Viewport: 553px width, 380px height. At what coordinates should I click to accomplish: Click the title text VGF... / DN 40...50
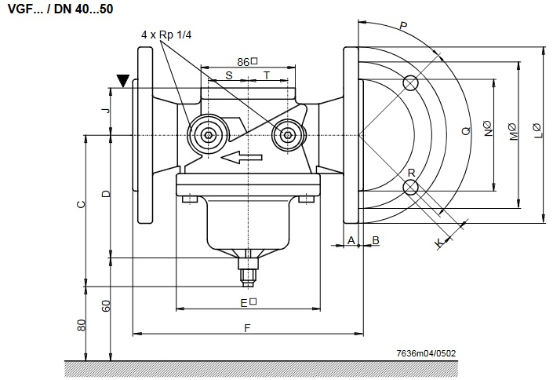click(x=60, y=9)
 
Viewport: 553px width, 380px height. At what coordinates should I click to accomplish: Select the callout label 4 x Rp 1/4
click(x=166, y=35)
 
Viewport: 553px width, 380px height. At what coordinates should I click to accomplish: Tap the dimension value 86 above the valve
click(x=243, y=62)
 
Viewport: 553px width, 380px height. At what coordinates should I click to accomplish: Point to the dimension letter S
click(x=229, y=75)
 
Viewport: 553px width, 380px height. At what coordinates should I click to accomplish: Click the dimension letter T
click(x=267, y=75)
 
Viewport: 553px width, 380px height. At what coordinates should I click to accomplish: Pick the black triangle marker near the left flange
click(x=123, y=81)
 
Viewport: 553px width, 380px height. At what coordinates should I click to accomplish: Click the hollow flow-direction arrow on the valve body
click(x=242, y=158)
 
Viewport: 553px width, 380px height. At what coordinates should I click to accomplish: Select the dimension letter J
click(x=106, y=111)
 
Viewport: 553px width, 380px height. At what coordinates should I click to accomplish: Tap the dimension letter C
click(x=81, y=204)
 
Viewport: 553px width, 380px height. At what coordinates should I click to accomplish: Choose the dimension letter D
click(x=106, y=194)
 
